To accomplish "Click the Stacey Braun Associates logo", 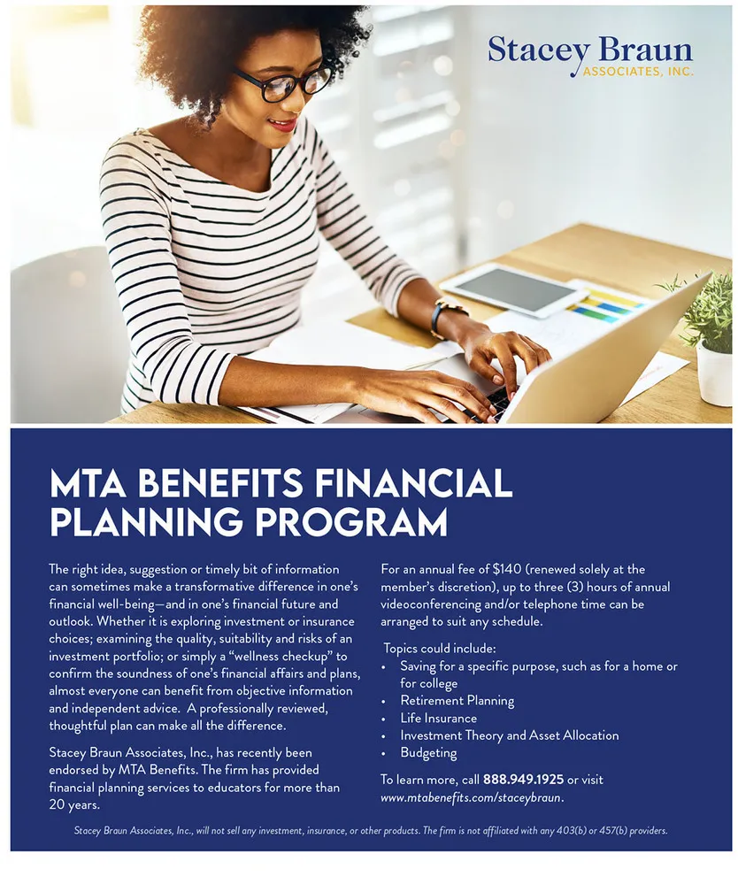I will pos(589,56).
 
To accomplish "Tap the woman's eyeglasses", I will pos(284,82).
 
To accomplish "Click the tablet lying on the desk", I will pos(512,289).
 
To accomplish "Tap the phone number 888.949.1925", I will pos(522,780).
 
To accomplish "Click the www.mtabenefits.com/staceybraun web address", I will pos(472,797).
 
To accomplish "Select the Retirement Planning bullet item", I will pos(457,700).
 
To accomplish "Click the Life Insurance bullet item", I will pos(438,718).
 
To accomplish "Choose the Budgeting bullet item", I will pos(428,753).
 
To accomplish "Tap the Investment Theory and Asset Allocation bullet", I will pos(509,735).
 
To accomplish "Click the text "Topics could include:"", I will pos(440,648).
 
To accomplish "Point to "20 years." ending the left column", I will pos(74,804).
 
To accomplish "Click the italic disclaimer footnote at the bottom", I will pos(371,831).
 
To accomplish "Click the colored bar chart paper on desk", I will pos(605,306).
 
